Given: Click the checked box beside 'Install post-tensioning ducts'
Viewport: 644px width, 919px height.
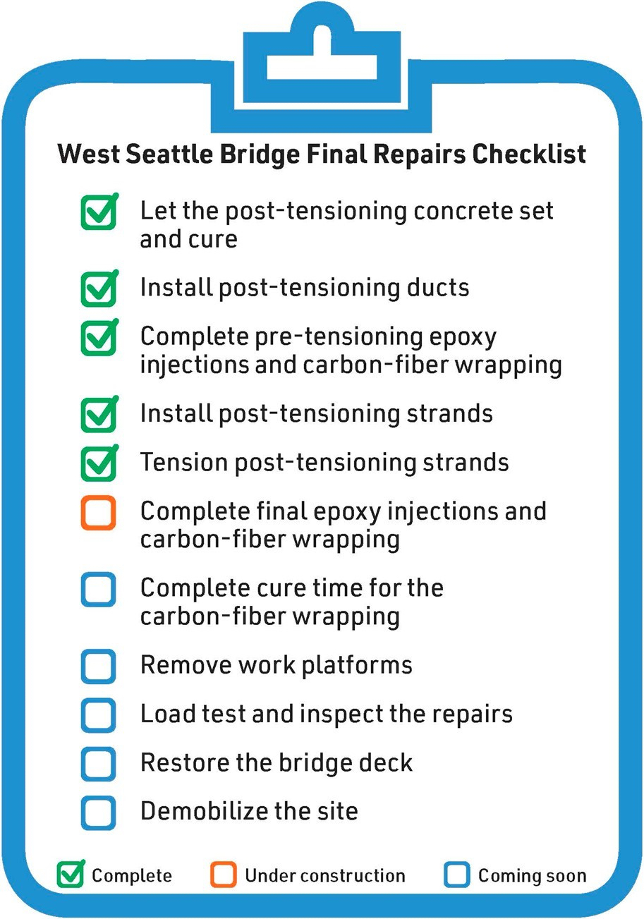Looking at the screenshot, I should [x=98, y=288].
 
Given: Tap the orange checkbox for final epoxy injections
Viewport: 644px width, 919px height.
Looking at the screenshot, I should [x=98, y=513].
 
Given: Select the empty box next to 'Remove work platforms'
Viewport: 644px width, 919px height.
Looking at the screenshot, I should [x=98, y=666].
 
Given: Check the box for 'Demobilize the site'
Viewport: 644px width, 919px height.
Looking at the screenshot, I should [x=98, y=812].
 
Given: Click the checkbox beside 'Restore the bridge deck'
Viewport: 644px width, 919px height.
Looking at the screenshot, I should [x=98, y=763].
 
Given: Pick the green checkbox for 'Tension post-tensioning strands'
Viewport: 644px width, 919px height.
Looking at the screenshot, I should [x=98, y=463].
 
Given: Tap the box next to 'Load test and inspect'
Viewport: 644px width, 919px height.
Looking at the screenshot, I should [x=98, y=714].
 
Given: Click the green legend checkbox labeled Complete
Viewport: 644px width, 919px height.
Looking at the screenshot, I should [x=70, y=875].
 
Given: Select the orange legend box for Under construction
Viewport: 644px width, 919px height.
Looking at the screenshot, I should [x=223, y=875].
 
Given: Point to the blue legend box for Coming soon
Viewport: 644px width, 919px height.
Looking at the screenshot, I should [x=457, y=875].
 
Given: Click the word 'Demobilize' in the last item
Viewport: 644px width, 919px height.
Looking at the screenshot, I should [x=200, y=811].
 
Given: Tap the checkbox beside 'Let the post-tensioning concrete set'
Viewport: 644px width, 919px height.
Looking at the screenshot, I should [x=98, y=212].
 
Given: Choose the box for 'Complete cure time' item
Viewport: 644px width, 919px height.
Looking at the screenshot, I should [x=98, y=589].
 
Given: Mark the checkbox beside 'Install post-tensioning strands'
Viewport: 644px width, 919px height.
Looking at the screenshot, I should [x=98, y=415].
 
